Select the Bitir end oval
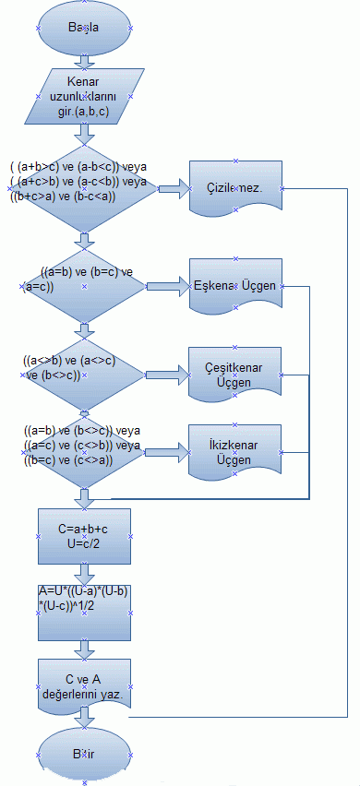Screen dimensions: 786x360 point(84,753)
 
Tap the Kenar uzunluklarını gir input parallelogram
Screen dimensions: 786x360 point(85,98)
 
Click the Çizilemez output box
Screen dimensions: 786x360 point(235,187)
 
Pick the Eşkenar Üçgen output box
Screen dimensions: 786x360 point(235,286)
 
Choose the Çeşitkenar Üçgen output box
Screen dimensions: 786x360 point(235,374)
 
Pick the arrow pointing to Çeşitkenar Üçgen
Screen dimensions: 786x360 point(169,374)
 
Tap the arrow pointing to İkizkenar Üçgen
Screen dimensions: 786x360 point(169,452)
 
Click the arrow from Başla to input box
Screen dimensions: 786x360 point(84,61)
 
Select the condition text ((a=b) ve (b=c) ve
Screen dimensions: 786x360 point(89,273)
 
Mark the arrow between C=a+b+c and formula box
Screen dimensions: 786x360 point(84,573)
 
